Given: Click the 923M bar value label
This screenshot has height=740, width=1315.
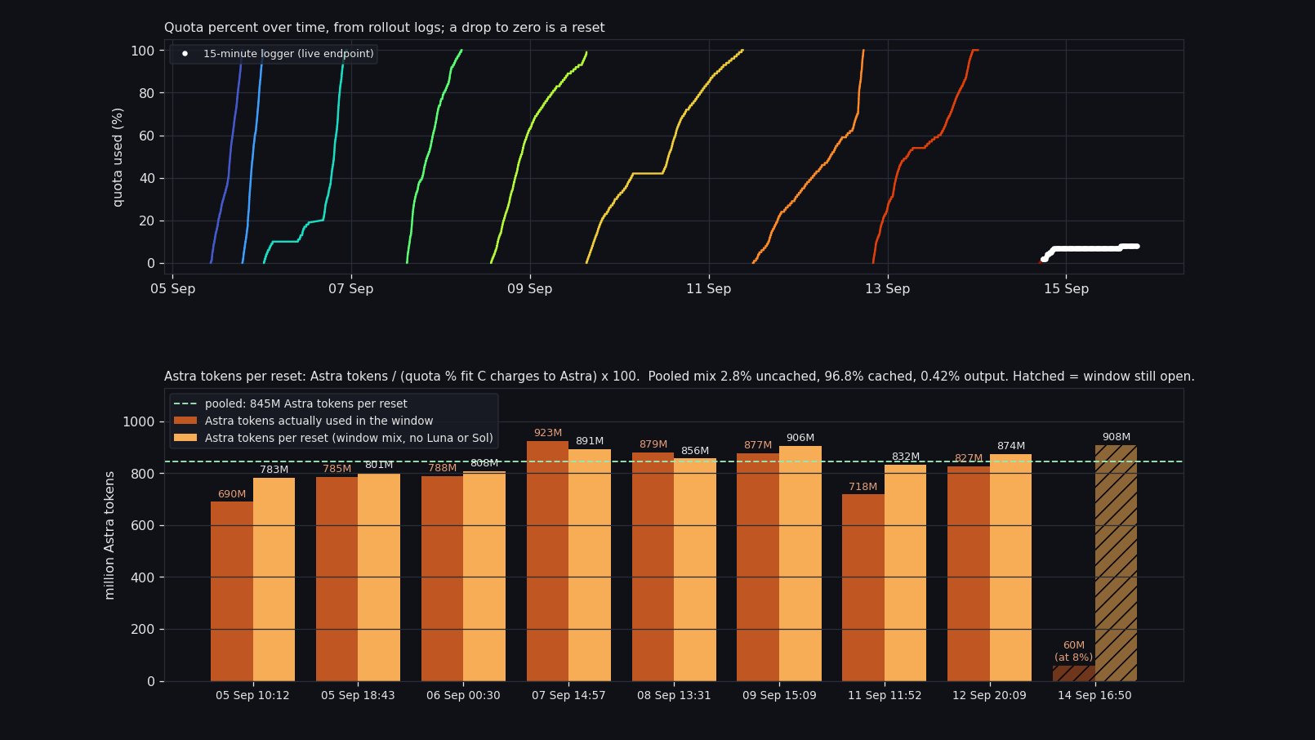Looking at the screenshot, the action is coord(548,433).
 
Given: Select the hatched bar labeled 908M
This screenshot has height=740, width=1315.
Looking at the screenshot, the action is coord(1116,564).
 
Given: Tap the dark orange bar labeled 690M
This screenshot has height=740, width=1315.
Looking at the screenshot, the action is coord(232,591).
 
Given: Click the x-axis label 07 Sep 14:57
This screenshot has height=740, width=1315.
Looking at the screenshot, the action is coord(568,695).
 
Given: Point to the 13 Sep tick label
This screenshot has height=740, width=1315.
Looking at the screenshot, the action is coord(887,288).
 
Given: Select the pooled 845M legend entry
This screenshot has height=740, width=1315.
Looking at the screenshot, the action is coord(291,403).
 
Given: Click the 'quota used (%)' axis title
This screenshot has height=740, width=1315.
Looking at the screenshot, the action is coord(118,158).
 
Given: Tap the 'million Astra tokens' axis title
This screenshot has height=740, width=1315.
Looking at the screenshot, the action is coord(109,535).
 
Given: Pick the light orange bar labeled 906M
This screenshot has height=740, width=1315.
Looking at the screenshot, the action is coord(800,564).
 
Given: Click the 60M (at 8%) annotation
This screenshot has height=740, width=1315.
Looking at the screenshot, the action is coord(1074,652).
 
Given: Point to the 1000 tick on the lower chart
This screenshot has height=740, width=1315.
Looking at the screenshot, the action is coord(139,422).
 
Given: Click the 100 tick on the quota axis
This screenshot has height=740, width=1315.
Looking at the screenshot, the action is coord(143,51).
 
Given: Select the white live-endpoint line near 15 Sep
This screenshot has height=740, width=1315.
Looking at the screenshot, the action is coord(1090,249).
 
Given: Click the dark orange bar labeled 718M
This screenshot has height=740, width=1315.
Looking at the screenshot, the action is coord(863,588).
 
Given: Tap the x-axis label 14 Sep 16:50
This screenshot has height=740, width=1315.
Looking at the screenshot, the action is coord(1094,695).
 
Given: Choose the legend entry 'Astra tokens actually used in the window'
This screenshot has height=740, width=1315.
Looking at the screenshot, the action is coord(304,421).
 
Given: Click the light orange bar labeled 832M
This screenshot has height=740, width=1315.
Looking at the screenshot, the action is coord(905,573).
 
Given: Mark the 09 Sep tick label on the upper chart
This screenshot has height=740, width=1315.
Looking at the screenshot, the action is coord(529,288).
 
